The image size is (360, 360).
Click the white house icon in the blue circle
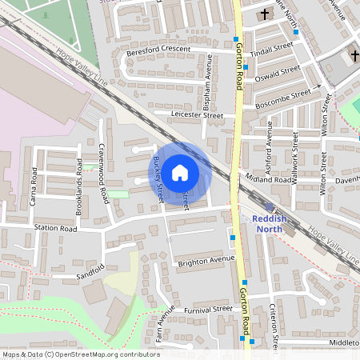click(180, 172)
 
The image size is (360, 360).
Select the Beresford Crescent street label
click(158, 50)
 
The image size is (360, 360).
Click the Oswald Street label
click(278, 72)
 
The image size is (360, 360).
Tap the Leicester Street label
click(197, 115)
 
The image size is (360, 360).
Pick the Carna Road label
click(34, 186)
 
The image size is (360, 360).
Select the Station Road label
click(55, 228)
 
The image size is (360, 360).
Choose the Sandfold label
click(90, 271)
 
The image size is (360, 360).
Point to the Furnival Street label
click(207, 309)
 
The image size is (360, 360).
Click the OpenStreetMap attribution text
click(80, 354)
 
